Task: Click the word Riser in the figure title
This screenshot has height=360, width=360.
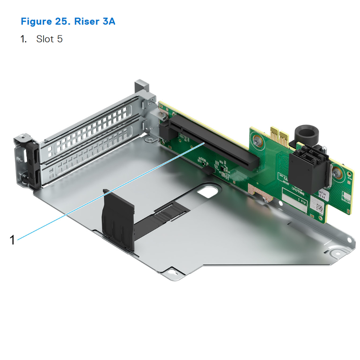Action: [82, 21]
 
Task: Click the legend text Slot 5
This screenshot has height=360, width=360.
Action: [49, 39]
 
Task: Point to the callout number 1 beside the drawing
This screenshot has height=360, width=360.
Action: [13, 239]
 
